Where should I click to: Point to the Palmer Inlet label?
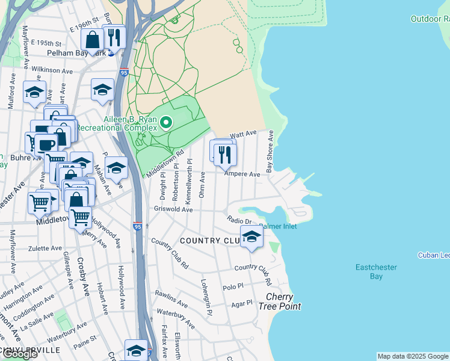[x=278, y=226]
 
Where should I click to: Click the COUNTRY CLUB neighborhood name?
[x=210, y=241]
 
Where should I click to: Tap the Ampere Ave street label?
[x=242, y=174]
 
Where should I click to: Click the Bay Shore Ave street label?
[x=270, y=151]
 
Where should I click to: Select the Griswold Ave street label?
[x=173, y=210]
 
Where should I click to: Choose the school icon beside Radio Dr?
[x=251, y=236]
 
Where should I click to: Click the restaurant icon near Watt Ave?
[x=225, y=154]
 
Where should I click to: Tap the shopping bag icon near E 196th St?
[x=93, y=40]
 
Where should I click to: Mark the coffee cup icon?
[x=46, y=144]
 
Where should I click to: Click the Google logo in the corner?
[x=20, y=354]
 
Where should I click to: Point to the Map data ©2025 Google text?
[x=412, y=356]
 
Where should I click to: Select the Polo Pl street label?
[x=232, y=288]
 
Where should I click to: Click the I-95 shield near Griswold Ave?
[x=138, y=227]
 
